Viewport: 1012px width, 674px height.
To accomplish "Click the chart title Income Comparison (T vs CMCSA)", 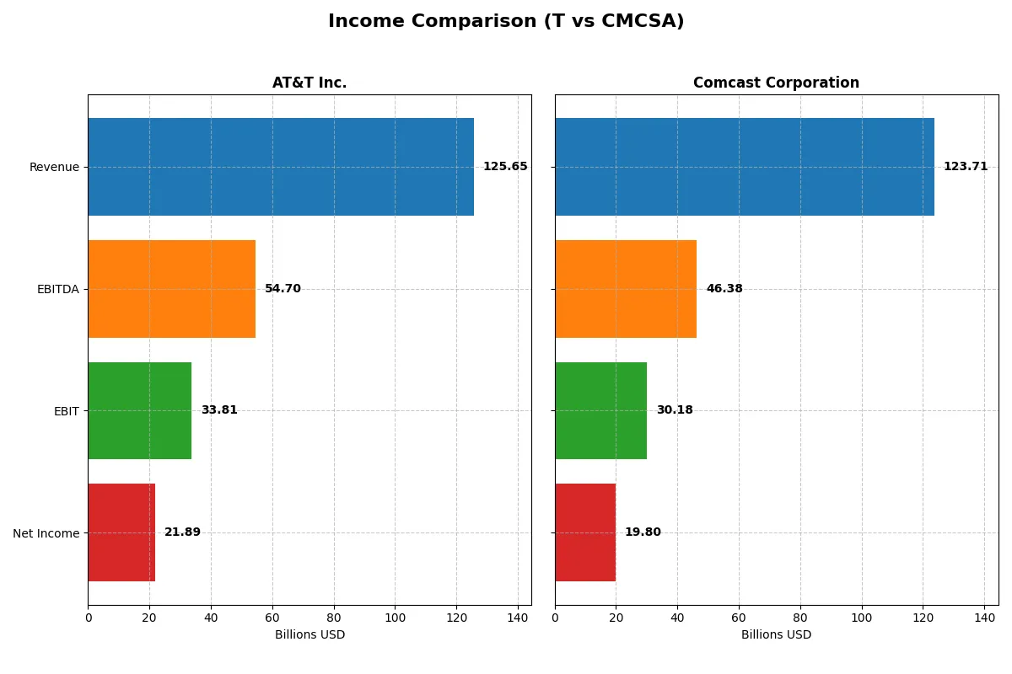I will pyautogui.click(x=506, y=22).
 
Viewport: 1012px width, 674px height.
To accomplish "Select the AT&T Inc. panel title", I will pyautogui.click(x=310, y=83).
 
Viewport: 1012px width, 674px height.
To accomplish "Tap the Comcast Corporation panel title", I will pyautogui.click(x=776, y=83).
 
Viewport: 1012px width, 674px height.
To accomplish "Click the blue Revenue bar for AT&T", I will pyautogui.click(x=281, y=167).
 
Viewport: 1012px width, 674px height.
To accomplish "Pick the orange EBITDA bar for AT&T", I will pyautogui.click(x=172, y=289).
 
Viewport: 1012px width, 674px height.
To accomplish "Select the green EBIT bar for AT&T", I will pyautogui.click(x=140, y=410).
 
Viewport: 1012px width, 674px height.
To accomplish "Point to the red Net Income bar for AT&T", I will pyautogui.click(x=121, y=532).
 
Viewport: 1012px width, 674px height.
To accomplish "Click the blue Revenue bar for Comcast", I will pyautogui.click(x=745, y=167).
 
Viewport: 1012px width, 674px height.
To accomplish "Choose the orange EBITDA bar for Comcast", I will pyautogui.click(x=626, y=289).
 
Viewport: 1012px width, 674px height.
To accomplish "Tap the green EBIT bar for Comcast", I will pyautogui.click(x=601, y=410).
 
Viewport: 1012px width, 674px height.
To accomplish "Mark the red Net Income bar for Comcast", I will pyautogui.click(x=585, y=532).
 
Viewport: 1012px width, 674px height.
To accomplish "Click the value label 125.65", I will pyautogui.click(x=505, y=167).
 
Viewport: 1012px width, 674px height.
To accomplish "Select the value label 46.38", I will pyautogui.click(x=724, y=289).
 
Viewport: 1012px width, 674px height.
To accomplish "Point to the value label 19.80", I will pyautogui.click(x=643, y=532).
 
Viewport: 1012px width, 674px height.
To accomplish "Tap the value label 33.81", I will pyautogui.click(x=219, y=410).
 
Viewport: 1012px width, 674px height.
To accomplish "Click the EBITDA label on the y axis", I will pyautogui.click(x=58, y=289).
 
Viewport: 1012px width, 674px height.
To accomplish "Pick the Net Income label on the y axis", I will pyautogui.click(x=46, y=532).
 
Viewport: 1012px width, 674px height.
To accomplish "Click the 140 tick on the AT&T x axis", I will pyautogui.click(x=518, y=618).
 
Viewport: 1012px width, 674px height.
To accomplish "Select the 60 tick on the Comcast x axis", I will pyautogui.click(x=739, y=618).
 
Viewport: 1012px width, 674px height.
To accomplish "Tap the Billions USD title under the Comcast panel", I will pyautogui.click(x=776, y=634).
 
